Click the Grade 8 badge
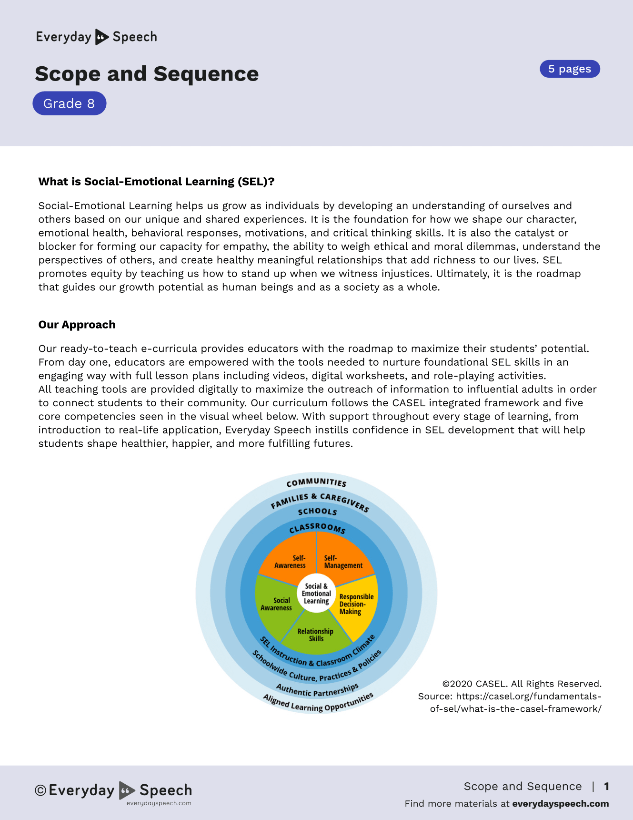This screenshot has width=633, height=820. tap(69, 103)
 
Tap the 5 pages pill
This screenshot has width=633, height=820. tap(570, 69)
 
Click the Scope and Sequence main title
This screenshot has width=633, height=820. tap(147, 74)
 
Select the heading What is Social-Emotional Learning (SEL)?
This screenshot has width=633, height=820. tap(156, 182)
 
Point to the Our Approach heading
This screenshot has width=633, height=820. tap(77, 325)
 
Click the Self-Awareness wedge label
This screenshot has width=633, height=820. tap(291, 562)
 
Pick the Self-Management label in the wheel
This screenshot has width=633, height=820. tap(343, 562)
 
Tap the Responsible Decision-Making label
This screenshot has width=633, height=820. tap(356, 604)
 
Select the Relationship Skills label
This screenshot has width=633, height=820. tap(315, 635)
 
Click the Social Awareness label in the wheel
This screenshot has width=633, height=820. tap(277, 604)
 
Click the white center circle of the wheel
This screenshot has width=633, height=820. tap(316, 594)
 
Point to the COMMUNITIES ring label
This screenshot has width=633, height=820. tap(316, 482)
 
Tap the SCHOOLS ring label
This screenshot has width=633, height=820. tap(317, 512)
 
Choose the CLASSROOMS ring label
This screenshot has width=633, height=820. tap(317, 528)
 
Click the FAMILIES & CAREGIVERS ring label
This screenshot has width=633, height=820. tap(320, 501)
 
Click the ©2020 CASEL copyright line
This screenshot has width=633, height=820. tap(522, 684)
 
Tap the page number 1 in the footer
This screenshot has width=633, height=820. tap(606, 786)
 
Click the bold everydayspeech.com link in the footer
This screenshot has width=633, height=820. tap(560, 804)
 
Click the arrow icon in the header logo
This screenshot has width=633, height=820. tap(101, 37)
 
